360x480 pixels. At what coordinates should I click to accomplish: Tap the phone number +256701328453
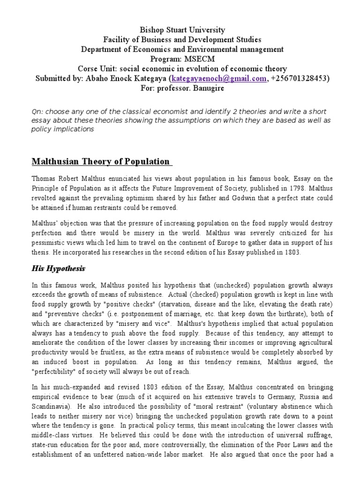[x=299, y=78]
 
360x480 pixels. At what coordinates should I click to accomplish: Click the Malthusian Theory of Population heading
[x=101, y=162]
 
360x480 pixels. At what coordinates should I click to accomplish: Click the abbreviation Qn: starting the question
[x=37, y=111]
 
